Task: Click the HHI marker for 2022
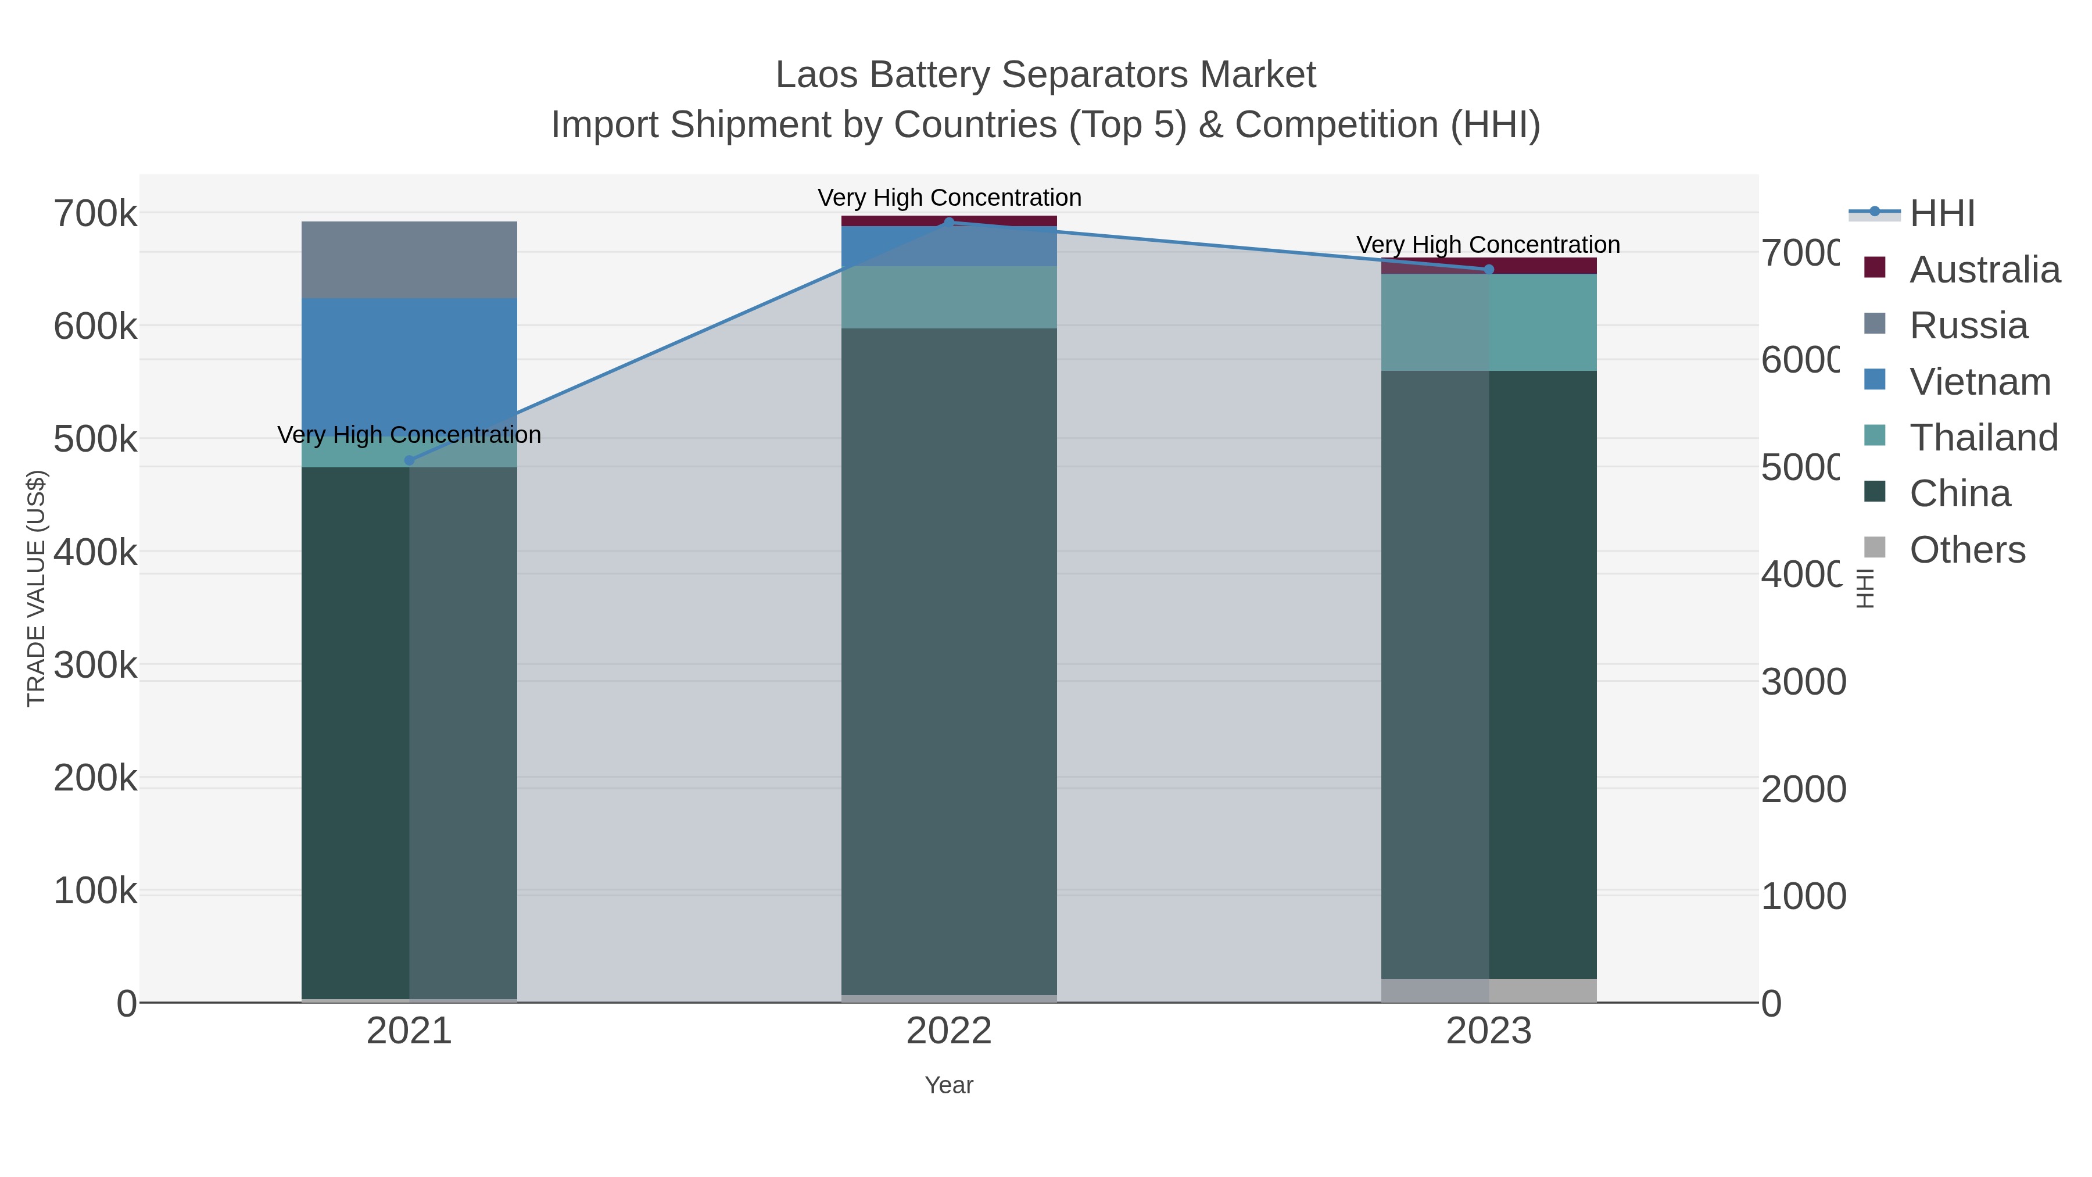948,222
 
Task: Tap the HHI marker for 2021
409,460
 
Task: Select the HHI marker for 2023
1489,270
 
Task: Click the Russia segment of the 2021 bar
409,260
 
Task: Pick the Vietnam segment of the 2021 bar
409,357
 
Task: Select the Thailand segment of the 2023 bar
1489,323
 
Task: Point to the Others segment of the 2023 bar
1489,990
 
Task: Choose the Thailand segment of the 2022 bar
948,297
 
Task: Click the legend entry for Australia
1983,270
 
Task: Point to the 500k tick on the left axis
95,439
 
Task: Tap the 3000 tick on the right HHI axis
1803,682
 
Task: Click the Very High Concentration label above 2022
948,198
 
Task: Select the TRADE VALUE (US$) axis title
37,588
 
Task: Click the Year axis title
948,1085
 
